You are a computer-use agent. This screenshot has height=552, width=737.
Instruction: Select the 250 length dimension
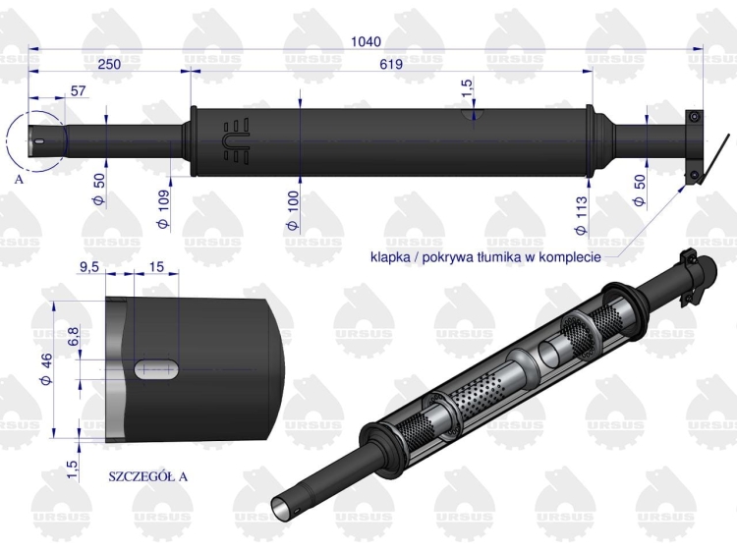coord(109,64)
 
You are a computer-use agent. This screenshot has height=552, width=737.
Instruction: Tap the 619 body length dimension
coord(391,64)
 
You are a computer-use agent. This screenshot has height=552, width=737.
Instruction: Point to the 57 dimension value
coord(79,90)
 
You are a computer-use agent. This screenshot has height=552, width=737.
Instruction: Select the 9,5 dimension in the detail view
coord(90,267)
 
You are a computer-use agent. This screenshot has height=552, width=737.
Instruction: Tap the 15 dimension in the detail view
coord(156,267)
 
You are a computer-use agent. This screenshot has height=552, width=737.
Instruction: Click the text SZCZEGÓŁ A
coord(146,476)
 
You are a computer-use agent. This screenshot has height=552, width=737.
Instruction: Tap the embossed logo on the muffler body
coord(237,141)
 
